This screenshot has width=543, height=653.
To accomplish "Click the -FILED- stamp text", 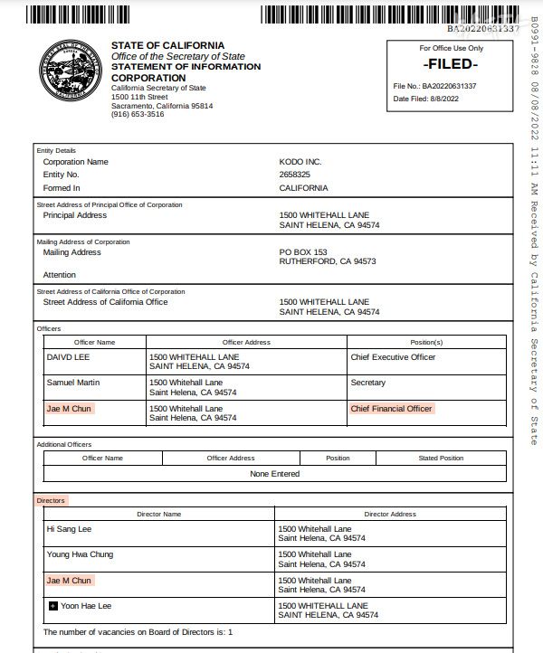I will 450,65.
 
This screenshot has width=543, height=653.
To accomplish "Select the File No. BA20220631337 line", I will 434,87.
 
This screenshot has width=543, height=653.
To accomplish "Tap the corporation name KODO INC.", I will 300,162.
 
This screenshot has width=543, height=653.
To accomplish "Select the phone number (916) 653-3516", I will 138,115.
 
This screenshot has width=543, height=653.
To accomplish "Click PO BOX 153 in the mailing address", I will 303,252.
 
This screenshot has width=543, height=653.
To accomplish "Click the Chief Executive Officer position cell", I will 393,357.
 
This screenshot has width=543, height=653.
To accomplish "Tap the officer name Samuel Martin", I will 73,383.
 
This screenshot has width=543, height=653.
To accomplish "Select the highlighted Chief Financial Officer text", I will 391,409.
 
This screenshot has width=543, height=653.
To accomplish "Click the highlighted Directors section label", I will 52,500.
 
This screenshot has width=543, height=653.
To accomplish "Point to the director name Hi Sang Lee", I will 69,528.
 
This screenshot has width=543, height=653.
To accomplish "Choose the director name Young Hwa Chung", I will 80,554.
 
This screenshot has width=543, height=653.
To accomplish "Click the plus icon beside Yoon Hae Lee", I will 52,606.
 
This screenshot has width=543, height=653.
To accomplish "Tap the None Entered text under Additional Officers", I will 274,473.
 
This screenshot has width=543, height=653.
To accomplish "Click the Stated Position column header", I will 441,459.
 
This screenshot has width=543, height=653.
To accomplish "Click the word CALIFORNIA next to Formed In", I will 304,188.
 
